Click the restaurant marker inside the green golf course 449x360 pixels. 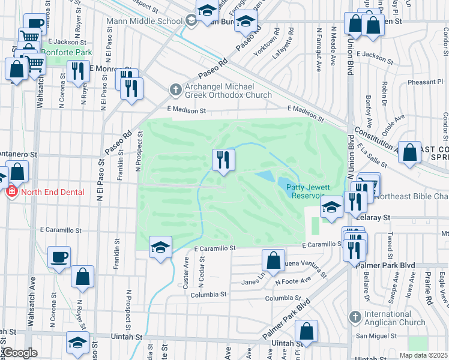223,160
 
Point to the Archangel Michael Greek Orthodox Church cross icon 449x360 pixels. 175,89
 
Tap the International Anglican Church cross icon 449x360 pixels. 355,316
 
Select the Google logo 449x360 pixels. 20,353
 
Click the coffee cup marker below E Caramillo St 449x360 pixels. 58,257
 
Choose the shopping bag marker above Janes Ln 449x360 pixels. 273,260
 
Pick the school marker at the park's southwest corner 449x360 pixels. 160,247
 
